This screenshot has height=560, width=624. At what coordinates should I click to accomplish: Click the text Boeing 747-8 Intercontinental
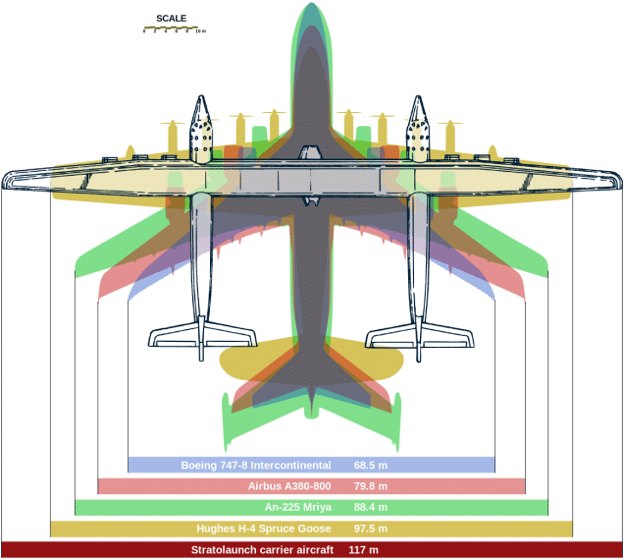(x=255, y=465)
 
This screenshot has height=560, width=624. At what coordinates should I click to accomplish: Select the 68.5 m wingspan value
(x=371, y=465)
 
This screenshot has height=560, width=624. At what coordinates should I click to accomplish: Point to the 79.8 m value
(x=371, y=486)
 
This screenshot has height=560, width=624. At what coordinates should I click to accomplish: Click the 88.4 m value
(x=371, y=508)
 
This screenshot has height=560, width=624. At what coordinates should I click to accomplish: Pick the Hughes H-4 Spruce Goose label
(x=263, y=529)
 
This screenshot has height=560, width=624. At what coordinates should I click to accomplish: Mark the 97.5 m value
(x=371, y=529)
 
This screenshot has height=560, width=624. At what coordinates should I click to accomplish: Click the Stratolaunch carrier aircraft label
(x=252, y=549)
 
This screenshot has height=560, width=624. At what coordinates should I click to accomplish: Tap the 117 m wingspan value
(x=363, y=549)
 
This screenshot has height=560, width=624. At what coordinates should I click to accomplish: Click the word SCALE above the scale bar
(x=171, y=18)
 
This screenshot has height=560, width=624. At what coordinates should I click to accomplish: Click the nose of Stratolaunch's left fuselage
(x=202, y=99)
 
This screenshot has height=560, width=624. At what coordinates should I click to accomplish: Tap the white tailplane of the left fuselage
(x=202, y=337)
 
